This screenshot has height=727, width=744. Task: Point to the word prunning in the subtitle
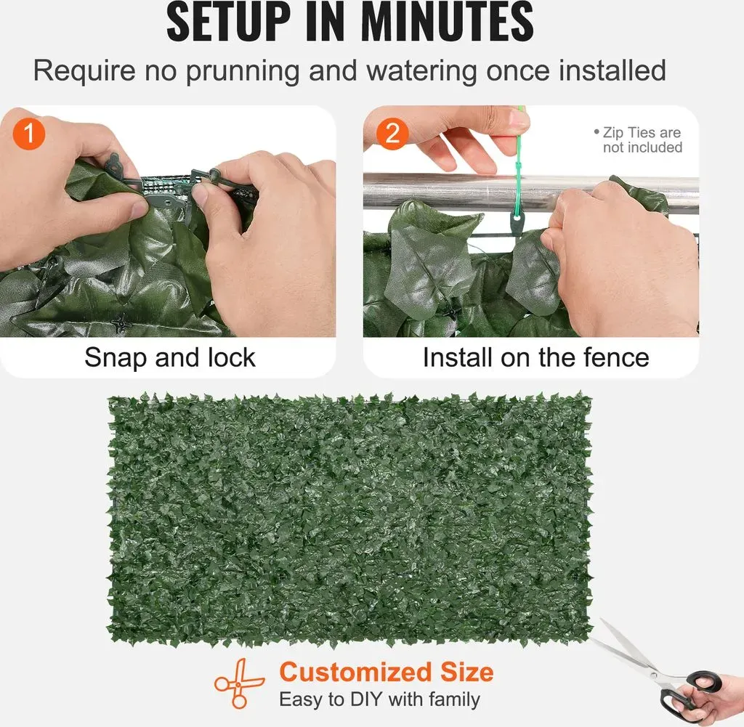pos(243,72)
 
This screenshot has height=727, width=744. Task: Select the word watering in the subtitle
pos(422,70)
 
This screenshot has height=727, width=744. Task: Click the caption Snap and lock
pos(170,357)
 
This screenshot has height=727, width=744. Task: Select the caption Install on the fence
pos(535,357)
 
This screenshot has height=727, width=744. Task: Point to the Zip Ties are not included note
pos(638,140)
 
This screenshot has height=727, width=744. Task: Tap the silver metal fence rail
pos(531,192)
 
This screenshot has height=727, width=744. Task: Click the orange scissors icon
pos(238,683)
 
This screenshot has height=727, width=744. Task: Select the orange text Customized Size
pos(387,672)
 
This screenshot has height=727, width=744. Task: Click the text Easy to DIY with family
pos(379,699)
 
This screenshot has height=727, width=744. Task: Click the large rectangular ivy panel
pos(351,520)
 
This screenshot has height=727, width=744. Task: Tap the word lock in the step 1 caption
pos(231,357)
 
